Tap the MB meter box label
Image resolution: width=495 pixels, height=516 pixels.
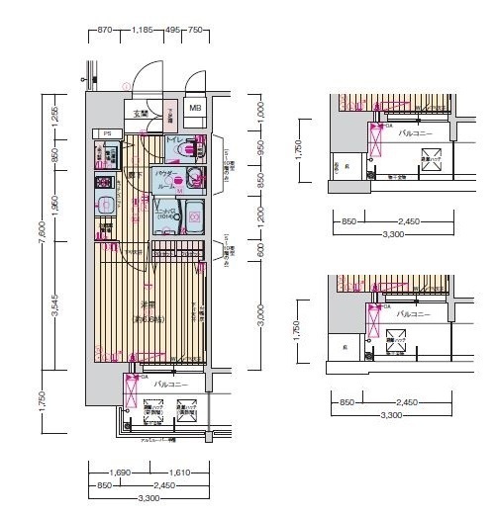195,108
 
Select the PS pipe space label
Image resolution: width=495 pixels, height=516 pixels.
105,132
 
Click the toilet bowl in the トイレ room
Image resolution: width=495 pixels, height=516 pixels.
193,150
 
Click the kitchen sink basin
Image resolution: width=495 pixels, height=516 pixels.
105,207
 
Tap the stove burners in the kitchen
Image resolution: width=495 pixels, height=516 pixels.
104,183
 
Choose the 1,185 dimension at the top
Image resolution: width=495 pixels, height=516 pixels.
145,31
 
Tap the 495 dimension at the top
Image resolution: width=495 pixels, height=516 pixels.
173,31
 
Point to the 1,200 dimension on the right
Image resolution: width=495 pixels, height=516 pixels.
260,213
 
